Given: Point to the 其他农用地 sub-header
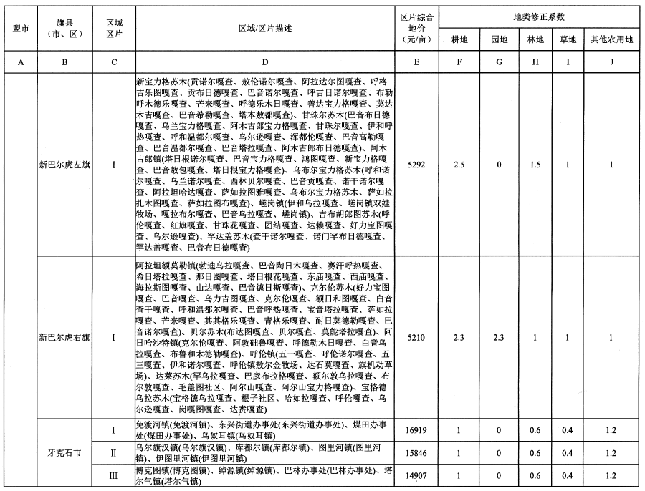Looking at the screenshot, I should [611, 38].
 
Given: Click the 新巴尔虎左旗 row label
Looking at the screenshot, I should [64, 165].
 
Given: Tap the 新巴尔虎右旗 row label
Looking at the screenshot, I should [64, 335].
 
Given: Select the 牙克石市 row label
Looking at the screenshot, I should [64, 453].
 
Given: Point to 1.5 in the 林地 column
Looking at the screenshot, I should [534, 165].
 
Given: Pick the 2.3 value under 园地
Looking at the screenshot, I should [498, 335].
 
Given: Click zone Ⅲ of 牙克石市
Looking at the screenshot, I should [114, 475].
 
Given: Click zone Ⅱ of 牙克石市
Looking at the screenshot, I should [114, 453].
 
